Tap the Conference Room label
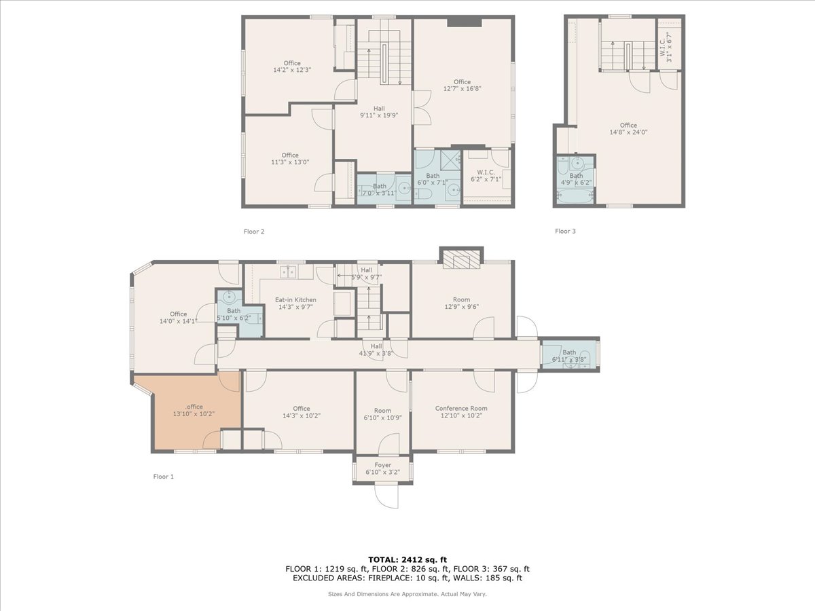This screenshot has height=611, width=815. [461, 409]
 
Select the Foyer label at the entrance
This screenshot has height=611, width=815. [382, 465]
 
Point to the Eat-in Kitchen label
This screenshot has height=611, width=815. [295, 299]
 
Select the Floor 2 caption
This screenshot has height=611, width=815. [254, 232]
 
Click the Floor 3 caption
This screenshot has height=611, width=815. [565, 232]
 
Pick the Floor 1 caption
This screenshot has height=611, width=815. [164, 477]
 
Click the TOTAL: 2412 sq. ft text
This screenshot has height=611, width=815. [407, 559]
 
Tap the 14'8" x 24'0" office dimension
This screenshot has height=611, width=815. [628, 133]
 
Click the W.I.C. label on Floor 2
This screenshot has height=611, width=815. [485, 172]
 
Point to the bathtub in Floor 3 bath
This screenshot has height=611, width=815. [575, 196]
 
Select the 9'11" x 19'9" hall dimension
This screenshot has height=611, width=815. [379, 115]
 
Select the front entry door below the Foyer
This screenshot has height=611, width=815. [386, 496]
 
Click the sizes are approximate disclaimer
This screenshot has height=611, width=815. [407, 594]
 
